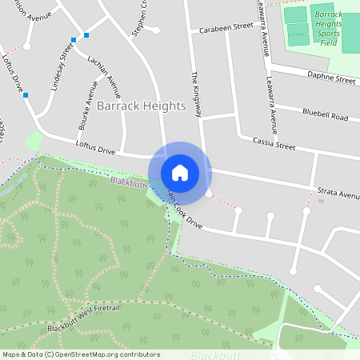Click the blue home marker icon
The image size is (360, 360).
click(x=180, y=173)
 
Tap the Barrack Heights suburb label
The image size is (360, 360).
click(x=141, y=106)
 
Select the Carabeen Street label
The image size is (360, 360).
click(x=227, y=26)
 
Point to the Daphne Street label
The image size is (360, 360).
click(x=331, y=79)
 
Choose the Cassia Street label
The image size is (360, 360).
click(x=274, y=144)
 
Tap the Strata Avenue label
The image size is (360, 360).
click(x=338, y=194)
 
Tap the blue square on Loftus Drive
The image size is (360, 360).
click(x=26, y=95)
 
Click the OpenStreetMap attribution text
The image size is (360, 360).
click(x=81, y=354)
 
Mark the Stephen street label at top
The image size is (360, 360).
click(x=139, y=18)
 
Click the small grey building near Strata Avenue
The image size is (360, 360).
click(x=321, y=201)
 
